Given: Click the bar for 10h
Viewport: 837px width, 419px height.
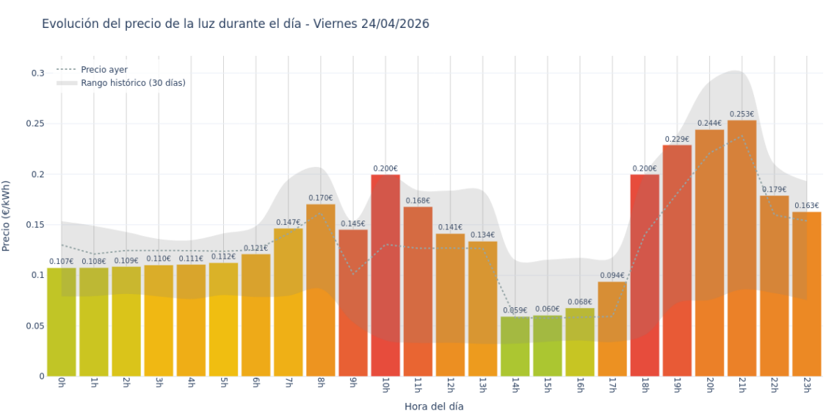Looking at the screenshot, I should point(385,276).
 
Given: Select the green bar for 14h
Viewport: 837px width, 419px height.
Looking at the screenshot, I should point(515,346).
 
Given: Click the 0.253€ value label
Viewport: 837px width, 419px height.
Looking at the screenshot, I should point(742,115).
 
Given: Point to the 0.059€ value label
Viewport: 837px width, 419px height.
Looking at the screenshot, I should point(515,311).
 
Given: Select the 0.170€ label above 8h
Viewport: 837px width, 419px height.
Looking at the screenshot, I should point(320,198).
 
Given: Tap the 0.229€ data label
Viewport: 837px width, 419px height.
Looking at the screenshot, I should point(677,140).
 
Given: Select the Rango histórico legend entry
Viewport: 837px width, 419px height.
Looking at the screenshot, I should point(133,83).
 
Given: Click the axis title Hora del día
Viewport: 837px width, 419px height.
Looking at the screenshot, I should point(434,407).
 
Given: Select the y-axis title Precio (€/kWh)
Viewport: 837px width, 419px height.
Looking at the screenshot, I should point(7,215).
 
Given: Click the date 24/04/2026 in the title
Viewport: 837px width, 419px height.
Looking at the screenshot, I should point(395,24).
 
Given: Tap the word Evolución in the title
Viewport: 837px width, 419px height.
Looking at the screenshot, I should point(70,24).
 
